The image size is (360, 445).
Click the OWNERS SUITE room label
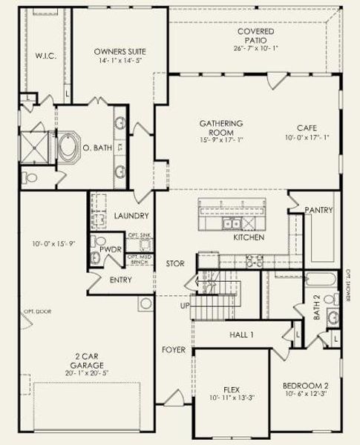point(120,51)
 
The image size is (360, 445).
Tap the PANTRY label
point(318,211)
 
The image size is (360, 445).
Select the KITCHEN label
point(249,239)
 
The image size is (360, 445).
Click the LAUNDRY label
point(132,216)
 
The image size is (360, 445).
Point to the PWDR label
point(111,250)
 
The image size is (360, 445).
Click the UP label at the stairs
point(185,305)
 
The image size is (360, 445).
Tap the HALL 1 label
point(241,335)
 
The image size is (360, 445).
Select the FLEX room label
point(232,389)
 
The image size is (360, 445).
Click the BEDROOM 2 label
point(306,386)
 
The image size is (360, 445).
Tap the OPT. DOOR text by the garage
point(31,311)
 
